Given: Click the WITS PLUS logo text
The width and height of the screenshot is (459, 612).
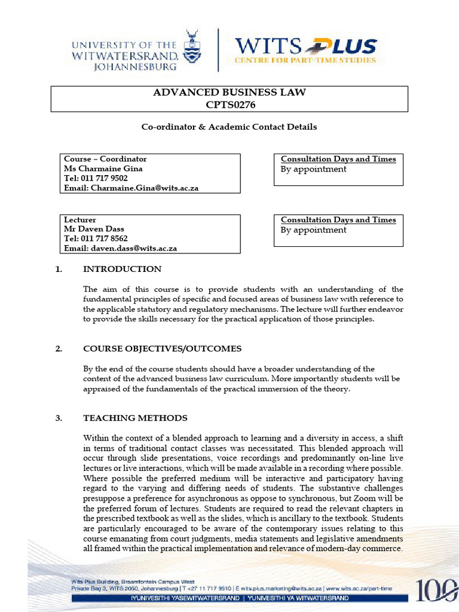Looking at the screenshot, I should click(x=305, y=45).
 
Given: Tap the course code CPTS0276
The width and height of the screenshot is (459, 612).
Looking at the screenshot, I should click(x=229, y=105).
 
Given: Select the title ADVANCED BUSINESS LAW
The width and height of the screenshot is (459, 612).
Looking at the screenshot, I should click(x=229, y=93).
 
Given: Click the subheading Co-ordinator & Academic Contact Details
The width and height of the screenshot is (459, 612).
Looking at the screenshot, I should click(x=229, y=127).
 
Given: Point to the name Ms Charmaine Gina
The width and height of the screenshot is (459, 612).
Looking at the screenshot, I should click(x=103, y=169).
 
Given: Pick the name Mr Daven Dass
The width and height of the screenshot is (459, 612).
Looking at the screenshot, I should click(x=94, y=229).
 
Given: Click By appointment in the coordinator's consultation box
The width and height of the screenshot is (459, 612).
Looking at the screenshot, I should click(x=313, y=169).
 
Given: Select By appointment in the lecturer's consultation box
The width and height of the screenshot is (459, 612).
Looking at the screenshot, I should click(x=313, y=230).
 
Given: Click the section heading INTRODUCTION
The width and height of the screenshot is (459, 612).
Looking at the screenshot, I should click(x=122, y=269).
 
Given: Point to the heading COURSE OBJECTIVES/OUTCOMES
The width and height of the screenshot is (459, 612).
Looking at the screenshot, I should click(x=162, y=349).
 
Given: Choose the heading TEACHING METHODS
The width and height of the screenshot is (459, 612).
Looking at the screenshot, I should click(x=135, y=418).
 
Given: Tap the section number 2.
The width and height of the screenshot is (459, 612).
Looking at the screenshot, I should click(x=59, y=349).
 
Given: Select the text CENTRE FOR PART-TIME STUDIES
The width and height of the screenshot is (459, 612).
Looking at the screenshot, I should click(x=305, y=60).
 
